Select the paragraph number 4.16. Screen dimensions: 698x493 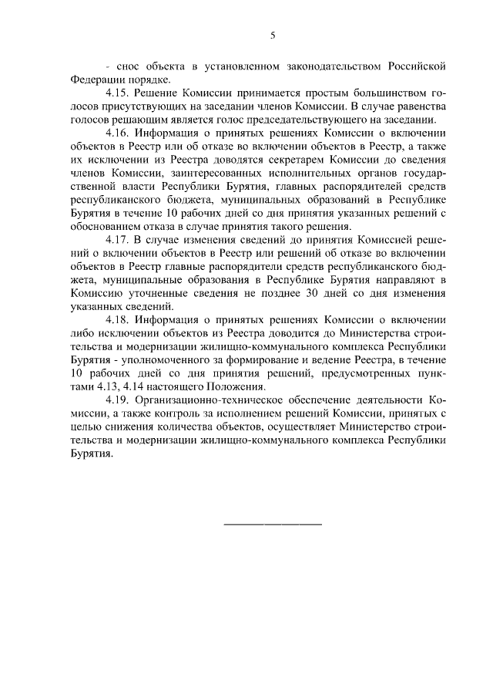coord(119,131)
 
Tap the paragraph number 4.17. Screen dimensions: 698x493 coord(119,241)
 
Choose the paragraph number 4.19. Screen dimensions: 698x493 coord(119,399)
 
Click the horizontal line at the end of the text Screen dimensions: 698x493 coord(272,525)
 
